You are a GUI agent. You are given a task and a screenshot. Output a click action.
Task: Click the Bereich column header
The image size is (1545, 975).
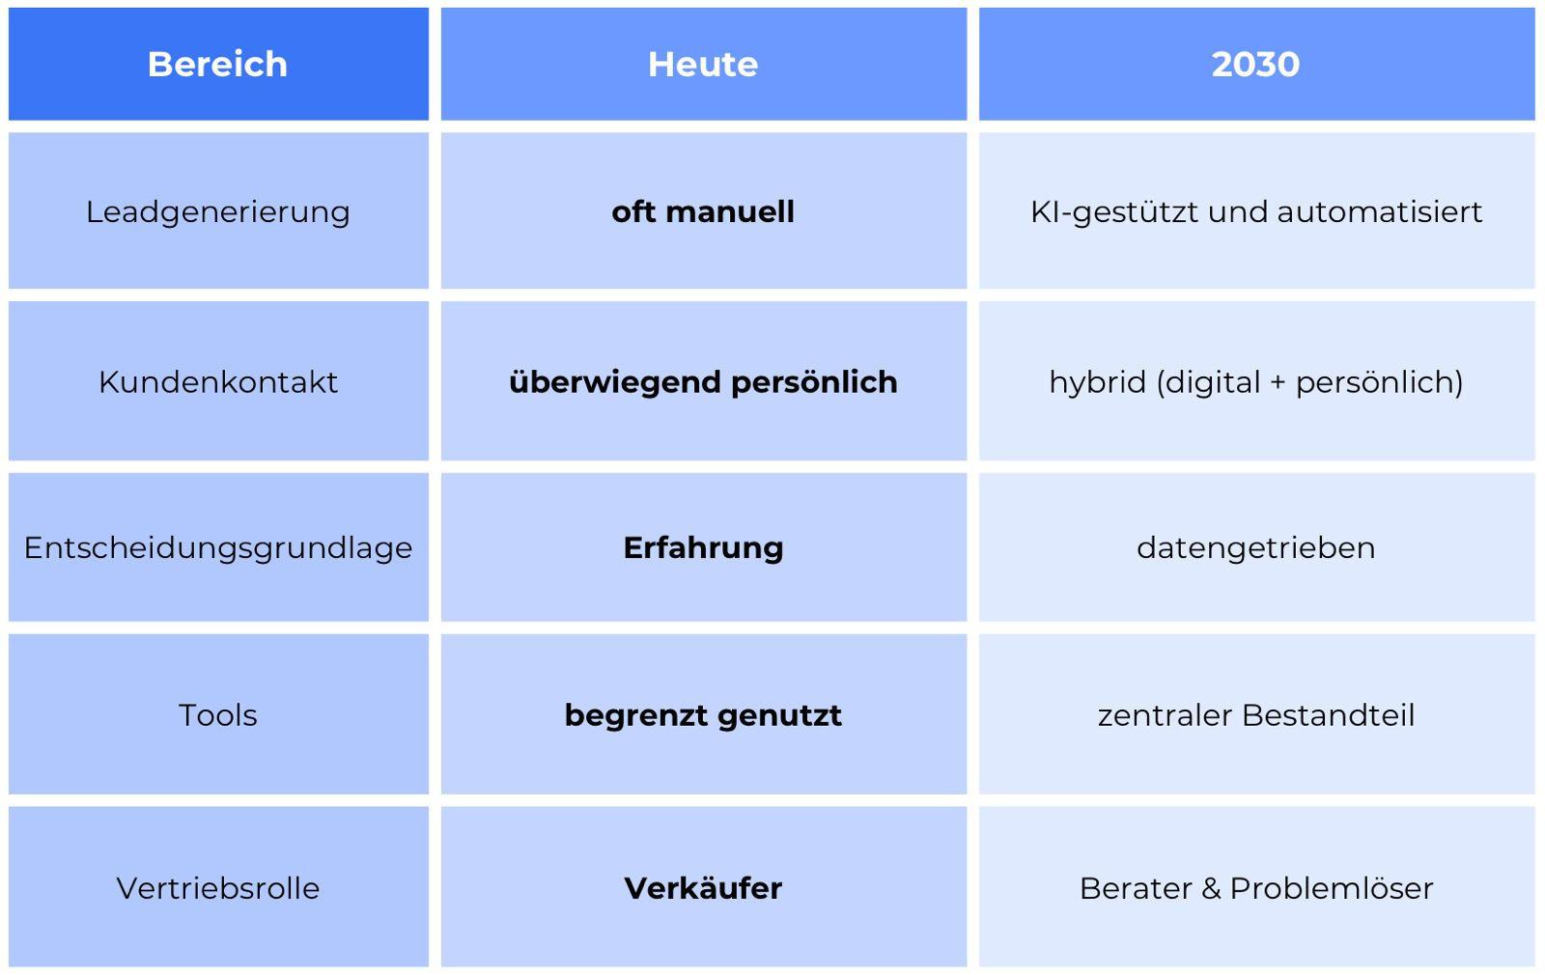coord(217,64)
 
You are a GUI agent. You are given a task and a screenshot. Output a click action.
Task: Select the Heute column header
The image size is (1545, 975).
coord(703,64)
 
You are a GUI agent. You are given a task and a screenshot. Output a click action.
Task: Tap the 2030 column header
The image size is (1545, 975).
coord(1255,64)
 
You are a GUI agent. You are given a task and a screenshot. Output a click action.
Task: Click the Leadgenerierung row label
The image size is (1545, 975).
coord(218,211)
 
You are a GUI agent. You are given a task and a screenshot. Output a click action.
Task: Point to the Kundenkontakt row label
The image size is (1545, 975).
coord(218,382)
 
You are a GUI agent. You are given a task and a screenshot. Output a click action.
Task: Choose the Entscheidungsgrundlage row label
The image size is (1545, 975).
coord(218,548)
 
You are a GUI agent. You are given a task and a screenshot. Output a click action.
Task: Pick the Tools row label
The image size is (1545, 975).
coord(218,715)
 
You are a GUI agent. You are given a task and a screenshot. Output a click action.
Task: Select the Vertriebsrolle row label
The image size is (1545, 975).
coord(218,888)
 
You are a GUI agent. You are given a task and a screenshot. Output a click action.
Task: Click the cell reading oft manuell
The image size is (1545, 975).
coord(703,211)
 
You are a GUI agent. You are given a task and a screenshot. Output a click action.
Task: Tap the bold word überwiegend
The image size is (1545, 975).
coord(616,382)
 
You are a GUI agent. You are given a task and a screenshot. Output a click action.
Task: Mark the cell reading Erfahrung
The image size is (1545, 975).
coord(703,548)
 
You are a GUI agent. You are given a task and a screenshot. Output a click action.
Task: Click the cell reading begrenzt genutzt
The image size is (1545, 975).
coord(703,715)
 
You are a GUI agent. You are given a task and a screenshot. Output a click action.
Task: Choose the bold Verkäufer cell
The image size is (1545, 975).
coord(703,888)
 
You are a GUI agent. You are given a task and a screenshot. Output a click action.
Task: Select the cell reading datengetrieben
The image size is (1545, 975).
coord(1255,548)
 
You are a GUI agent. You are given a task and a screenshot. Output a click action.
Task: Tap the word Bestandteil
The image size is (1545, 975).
coord(1329,715)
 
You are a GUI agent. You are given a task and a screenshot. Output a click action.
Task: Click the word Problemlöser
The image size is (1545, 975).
coord(1332,888)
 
